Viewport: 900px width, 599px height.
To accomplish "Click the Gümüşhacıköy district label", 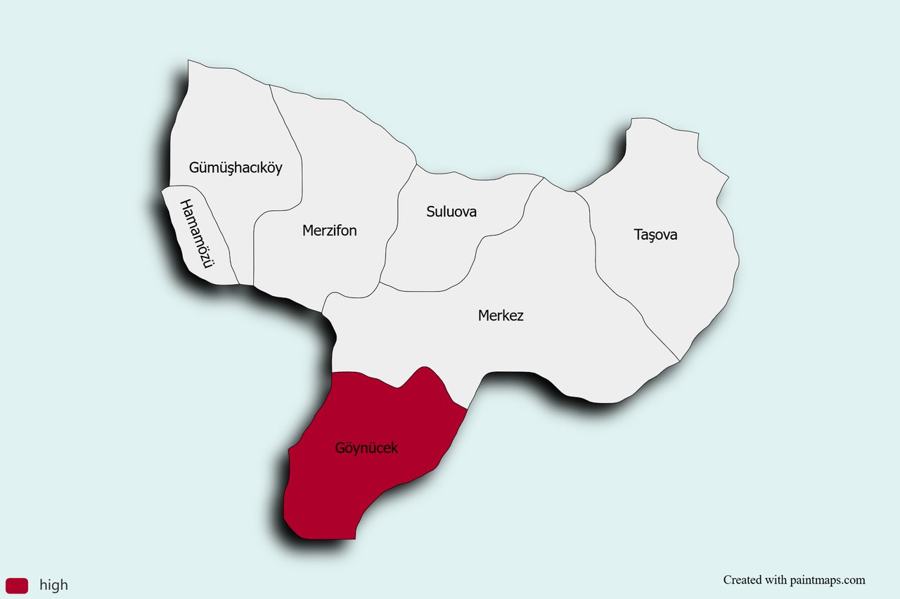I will (x=236, y=167).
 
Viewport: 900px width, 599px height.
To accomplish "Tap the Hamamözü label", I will (x=196, y=235).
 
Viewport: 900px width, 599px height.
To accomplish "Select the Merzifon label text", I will (x=329, y=230).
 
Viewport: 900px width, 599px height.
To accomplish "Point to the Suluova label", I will (x=451, y=211).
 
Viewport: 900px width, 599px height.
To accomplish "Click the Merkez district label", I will (x=501, y=315).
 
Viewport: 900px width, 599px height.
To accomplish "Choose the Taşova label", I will (x=655, y=234).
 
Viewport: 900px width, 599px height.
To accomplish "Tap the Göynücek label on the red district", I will (x=366, y=448).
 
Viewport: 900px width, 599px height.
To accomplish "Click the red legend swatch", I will (x=17, y=585).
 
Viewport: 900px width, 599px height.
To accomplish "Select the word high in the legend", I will (x=53, y=585).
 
